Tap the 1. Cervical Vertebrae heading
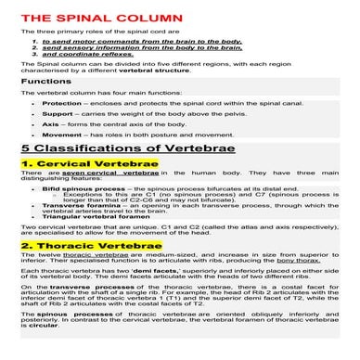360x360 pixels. coord(76,163)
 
